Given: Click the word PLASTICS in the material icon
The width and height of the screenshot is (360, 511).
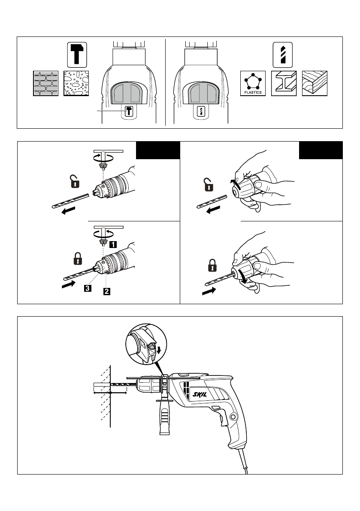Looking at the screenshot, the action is click(253, 92).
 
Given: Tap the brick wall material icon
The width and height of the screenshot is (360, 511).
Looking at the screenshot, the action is click(45, 83).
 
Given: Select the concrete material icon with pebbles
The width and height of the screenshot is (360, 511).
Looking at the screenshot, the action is click(76, 83).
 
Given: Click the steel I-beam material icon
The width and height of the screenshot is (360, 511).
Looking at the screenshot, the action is click(284, 83).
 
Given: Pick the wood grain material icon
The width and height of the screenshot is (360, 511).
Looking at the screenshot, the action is click(315, 83).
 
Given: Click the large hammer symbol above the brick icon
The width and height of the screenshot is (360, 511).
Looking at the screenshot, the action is click(77, 55).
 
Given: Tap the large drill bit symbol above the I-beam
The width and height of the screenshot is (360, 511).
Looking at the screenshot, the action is click(282, 55).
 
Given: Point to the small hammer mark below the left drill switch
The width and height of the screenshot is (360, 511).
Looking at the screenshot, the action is click(129, 112).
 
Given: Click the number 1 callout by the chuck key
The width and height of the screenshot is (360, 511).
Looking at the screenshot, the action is click(113, 245).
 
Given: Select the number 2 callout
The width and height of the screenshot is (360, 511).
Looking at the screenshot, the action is click(107, 291).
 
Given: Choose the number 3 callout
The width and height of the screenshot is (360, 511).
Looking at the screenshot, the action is click(88, 288).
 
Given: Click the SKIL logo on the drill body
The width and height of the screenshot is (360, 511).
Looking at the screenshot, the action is click(200, 395).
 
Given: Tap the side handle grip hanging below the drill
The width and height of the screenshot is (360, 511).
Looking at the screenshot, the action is click(164, 417).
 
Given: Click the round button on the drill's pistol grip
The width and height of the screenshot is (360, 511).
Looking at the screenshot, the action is click(233, 417).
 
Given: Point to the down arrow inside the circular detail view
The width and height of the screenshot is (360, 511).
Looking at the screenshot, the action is click(159, 350).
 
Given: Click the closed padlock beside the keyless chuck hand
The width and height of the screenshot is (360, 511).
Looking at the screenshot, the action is click(212, 265).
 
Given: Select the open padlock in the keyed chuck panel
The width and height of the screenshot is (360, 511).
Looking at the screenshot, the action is click(75, 181).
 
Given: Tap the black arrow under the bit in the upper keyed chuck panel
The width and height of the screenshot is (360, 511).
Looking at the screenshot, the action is click(68, 211).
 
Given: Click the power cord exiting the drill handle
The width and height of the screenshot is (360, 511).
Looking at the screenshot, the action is click(243, 461).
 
